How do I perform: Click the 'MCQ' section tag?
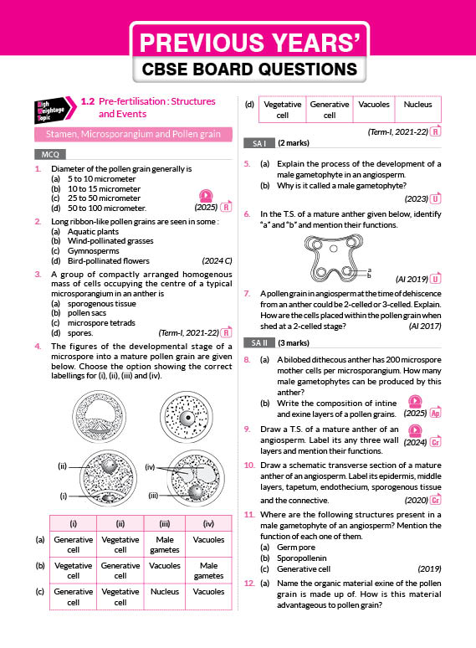[50, 155]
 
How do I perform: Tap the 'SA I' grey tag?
[258, 143]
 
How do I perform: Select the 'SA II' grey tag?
[258, 343]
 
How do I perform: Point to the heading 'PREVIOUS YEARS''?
[249, 42]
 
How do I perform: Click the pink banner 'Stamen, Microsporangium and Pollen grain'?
[133, 134]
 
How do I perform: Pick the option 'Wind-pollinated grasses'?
[110, 241]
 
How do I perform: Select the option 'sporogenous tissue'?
[101, 303]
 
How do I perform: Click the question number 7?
[247, 293]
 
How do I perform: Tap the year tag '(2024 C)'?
[217, 260]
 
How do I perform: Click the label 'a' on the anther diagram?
[369, 270]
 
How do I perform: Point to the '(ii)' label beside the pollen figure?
[63, 466]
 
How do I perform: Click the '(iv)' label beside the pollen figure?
[150, 467]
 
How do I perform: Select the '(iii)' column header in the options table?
[164, 524]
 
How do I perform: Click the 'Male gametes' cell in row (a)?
[164, 545]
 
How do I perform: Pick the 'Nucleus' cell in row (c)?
[164, 592]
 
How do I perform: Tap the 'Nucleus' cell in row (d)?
[417, 105]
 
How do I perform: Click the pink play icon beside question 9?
[415, 431]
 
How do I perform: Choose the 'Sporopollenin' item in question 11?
[301, 558]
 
